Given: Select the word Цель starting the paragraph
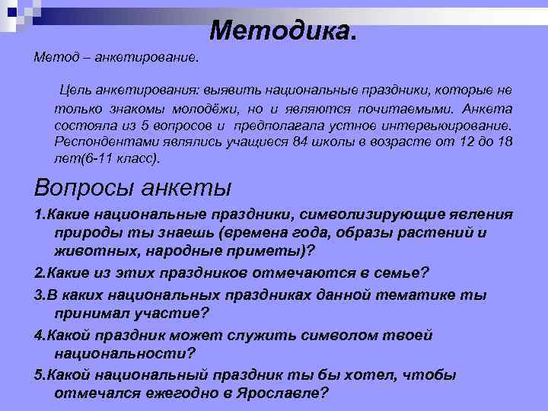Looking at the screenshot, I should click(x=78, y=91).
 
